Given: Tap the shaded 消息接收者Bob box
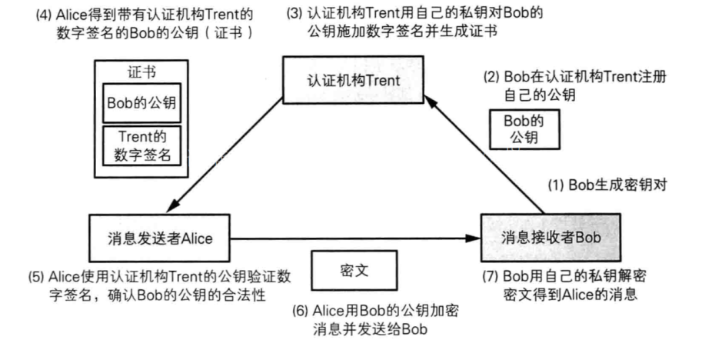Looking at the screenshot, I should pos(551,238).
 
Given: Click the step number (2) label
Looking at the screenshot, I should pos(492,78).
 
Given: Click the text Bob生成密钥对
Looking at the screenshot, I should pos(615,185).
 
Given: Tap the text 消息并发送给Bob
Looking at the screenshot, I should pos(369,328).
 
